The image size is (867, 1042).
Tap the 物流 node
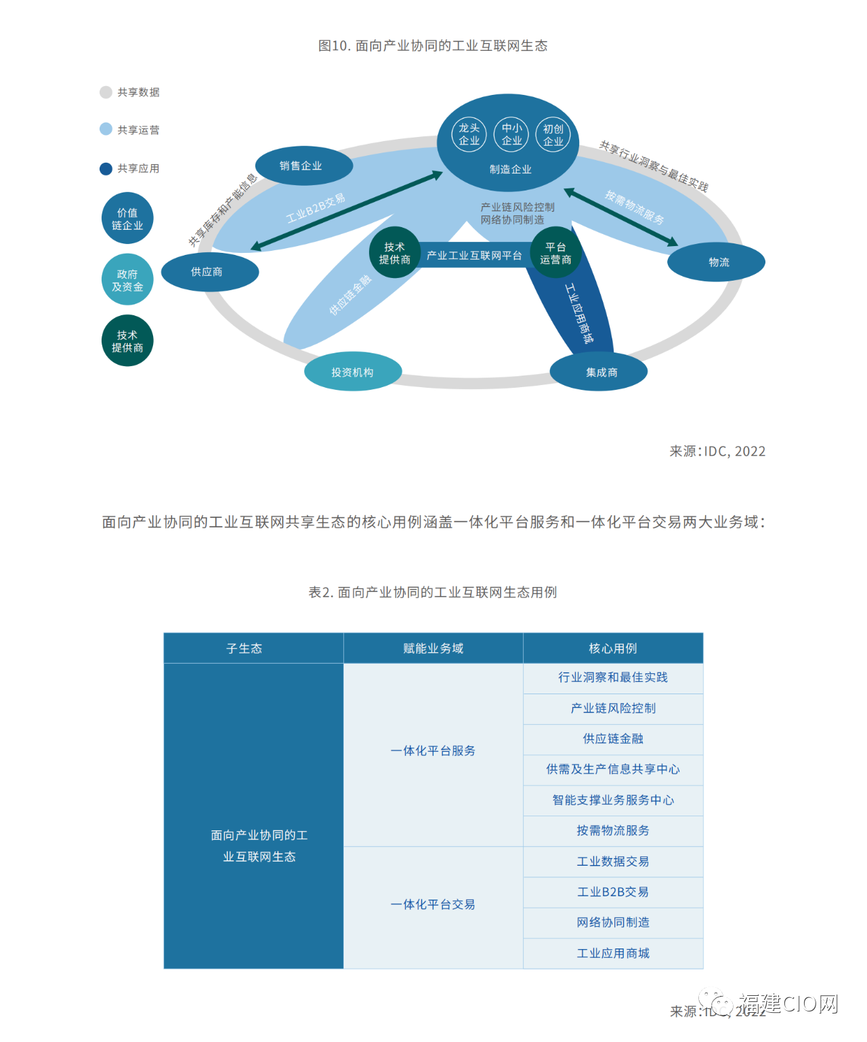tap(717, 262)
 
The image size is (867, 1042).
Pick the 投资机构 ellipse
tap(352, 372)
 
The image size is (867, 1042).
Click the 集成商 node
tap(599, 372)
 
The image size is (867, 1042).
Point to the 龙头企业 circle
tap(469, 134)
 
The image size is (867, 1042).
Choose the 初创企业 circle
tap(553, 134)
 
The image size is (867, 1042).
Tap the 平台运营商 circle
tap(555, 253)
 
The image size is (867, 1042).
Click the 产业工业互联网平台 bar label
tap(474, 256)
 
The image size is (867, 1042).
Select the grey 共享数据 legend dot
tap(106, 92)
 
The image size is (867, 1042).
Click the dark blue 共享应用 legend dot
tap(106, 169)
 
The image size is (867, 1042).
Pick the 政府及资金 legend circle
tap(127, 279)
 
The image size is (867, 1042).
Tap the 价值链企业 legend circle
tap(127, 218)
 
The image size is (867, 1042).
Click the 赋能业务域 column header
tap(433, 648)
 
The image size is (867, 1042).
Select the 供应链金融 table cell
tap(613, 739)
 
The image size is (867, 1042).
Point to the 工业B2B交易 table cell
tap(613, 892)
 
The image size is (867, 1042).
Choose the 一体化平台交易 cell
tap(433, 904)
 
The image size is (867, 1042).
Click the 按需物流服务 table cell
tap(613, 830)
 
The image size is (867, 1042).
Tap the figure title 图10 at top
tap(433, 45)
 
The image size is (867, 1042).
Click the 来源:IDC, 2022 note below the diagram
tap(717, 452)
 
